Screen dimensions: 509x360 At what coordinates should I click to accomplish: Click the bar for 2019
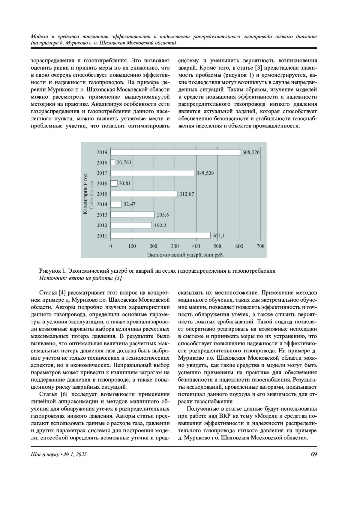pyautogui.click(x=175, y=152)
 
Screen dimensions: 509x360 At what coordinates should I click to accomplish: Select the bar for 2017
pyautogui.click(x=152, y=173)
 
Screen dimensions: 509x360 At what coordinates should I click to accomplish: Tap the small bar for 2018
pyautogui.click(x=113, y=163)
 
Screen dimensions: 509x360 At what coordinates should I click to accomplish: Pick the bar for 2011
pyautogui.click(x=160, y=235)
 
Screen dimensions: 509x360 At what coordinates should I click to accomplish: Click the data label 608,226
pyautogui.click(x=251, y=152)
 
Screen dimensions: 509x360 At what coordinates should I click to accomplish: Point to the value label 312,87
pyautogui.click(x=187, y=194)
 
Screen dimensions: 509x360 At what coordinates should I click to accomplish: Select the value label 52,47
pyautogui.click(x=130, y=204)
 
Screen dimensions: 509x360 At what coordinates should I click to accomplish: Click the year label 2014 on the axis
pyautogui.click(x=102, y=205)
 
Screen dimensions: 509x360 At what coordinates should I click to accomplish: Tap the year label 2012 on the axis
pyautogui.click(x=102, y=225)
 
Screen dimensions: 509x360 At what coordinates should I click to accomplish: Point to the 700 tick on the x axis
pyautogui.click(x=260, y=246)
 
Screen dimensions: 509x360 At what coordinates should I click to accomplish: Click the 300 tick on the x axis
pyautogui.click(x=175, y=246)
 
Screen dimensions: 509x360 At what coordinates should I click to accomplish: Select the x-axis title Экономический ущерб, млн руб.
pyautogui.click(x=186, y=255)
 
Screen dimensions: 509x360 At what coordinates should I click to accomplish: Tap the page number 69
pyautogui.click(x=314, y=454)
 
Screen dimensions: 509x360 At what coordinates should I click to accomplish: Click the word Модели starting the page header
pyautogui.click(x=40, y=37)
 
